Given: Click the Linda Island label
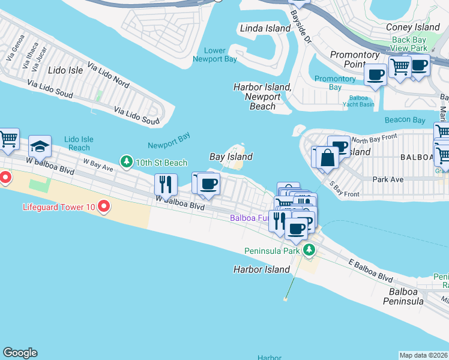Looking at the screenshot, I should point(266,28).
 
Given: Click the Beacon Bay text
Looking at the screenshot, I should point(405,120).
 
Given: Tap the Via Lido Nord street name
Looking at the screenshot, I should point(108,73).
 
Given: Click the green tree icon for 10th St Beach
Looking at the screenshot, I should point(127,162).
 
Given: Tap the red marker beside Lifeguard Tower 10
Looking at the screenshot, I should point(104,208).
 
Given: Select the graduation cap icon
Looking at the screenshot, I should point(40,147).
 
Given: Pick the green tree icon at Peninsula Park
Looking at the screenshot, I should point(309,250).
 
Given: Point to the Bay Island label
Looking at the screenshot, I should point(231,157).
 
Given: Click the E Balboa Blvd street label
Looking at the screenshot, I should point(371,271).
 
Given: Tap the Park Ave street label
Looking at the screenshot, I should point(388,179).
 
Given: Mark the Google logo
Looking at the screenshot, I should point(20,353).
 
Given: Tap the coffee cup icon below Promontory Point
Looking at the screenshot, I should point(376,75).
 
